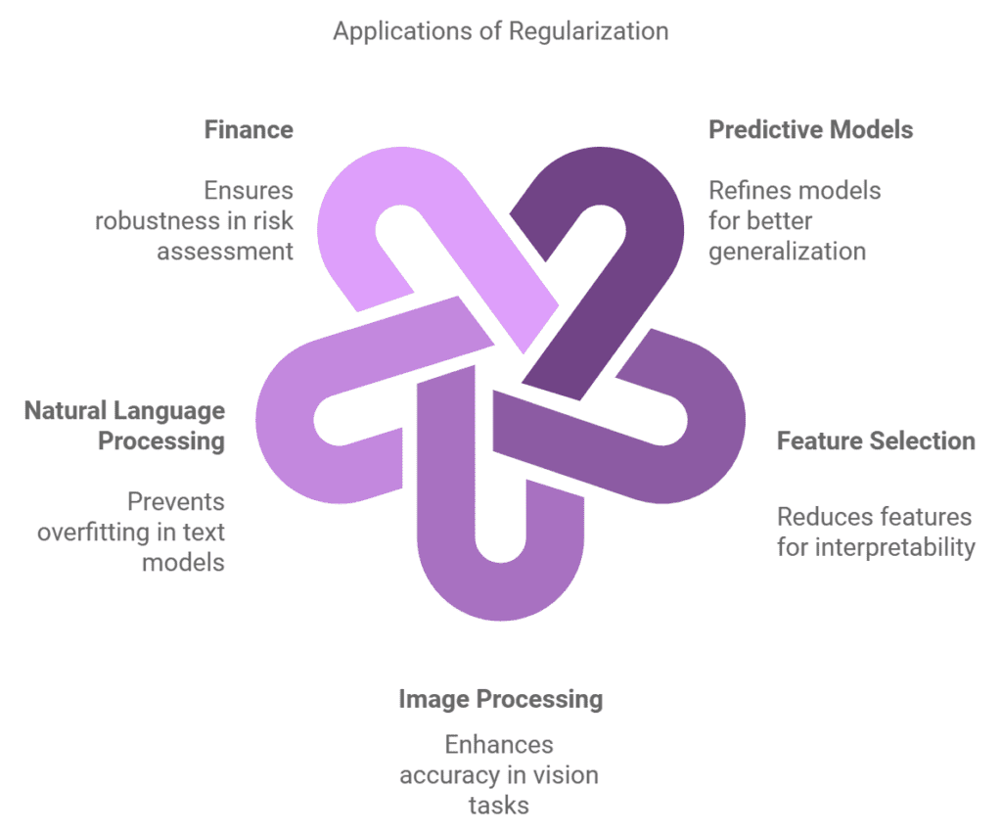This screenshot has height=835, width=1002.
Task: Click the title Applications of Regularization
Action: (x=500, y=30)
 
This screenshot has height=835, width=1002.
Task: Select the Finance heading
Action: (x=249, y=129)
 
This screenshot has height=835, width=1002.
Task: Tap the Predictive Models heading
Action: (x=810, y=129)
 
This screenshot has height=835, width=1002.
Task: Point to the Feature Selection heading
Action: (x=876, y=441)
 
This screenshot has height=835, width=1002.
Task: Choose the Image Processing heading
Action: (x=500, y=699)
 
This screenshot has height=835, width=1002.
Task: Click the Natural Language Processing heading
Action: (x=125, y=425)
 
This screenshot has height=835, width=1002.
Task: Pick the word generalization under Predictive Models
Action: (x=787, y=251)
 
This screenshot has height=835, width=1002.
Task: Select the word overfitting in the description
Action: (x=94, y=533)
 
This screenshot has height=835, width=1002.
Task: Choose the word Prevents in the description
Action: (x=176, y=502)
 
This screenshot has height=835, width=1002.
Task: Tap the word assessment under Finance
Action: (x=225, y=251)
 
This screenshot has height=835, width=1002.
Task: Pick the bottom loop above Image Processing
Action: (x=500, y=587)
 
